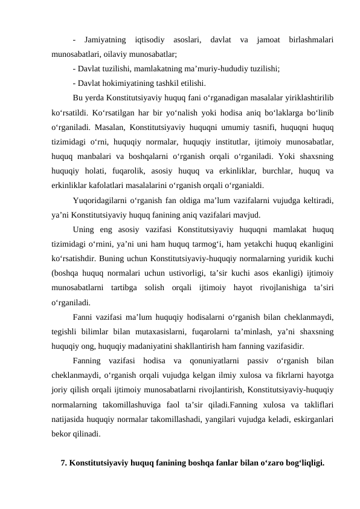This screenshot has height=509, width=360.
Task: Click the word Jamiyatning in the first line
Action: pyautogui.click(x=106, y=40)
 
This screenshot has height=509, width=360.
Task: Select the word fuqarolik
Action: pyautogui.click(x=130, y=170)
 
